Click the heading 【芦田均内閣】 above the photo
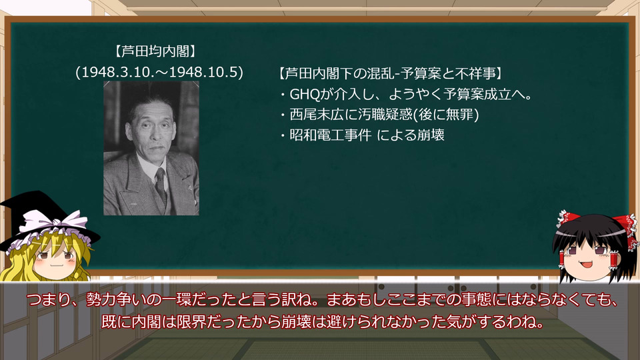point(155,51)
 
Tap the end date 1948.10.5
point(203,72)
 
